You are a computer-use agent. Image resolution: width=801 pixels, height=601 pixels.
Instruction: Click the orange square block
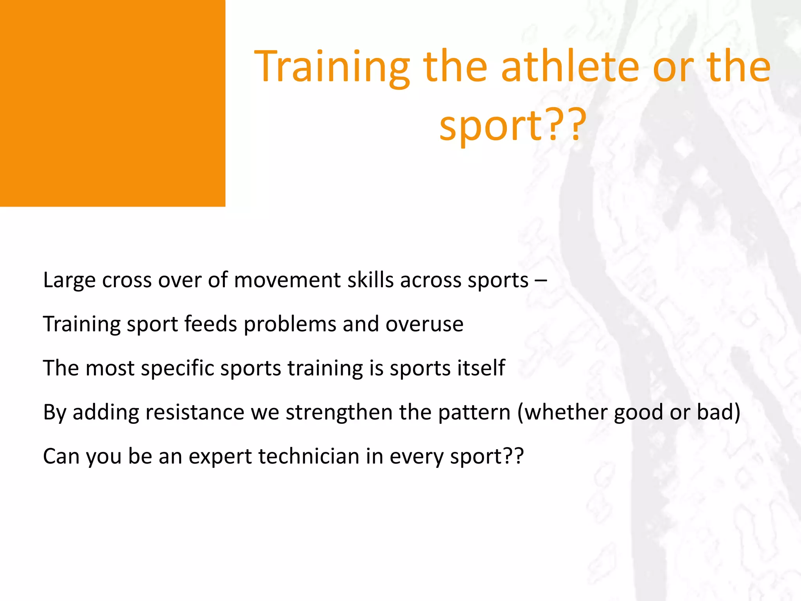pyautogui.click(x=112, y=103)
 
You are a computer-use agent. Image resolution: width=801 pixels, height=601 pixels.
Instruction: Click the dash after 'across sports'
pyautogui.click(x=541, y=280)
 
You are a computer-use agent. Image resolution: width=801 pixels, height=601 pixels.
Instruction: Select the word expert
pyautogui.click(x=220, y=457)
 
